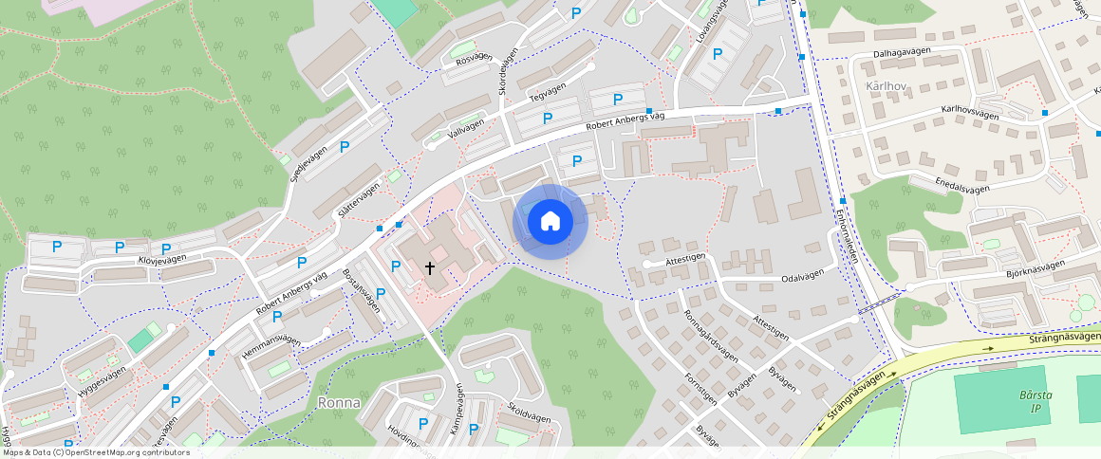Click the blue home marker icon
pyautogui.click(x=550, y=222)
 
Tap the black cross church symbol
pyautogui.click(x=429, y=268)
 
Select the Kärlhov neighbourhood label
pyautogui.click(x=882, y=86)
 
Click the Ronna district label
pyautogui.click(x=339, y=402)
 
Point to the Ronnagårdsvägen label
pyautogui.click(x=709, y=337)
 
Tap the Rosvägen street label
pyautogui.click(x=475, y=57)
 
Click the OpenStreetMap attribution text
pyautogui.click(x=96, y=452)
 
